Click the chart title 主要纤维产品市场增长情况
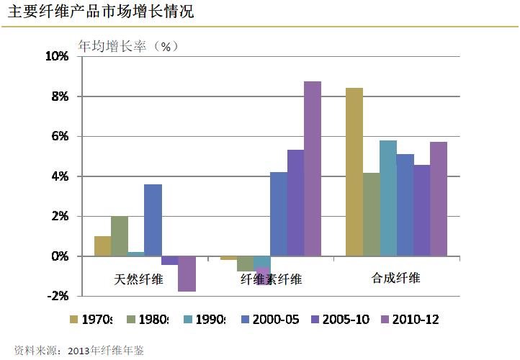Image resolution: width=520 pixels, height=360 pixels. (x=101, y=12)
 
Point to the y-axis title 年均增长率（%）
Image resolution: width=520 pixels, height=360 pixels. (x=127, y=47)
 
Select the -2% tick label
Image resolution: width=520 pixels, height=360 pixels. (x=58, y=296)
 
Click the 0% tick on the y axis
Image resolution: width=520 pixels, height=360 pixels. (x=59, y=256)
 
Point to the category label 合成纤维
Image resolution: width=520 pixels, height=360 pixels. (x=395, y=278)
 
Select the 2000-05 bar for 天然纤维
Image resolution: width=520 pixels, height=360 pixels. (x=153, y=220)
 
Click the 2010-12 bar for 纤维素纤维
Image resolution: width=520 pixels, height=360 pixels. (x=313, y=168)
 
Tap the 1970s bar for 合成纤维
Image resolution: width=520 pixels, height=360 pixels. (x=354, y=172)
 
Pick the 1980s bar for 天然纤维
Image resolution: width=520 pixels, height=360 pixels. (x=120, y=236)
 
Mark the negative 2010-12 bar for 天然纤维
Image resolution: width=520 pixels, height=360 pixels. (x=187, y=274)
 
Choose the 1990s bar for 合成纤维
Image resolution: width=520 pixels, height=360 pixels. (x=388, y=198)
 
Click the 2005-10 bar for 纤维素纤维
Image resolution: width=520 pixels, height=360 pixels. (x=295, y=203)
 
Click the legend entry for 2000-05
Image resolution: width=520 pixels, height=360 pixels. (x=271, y=320)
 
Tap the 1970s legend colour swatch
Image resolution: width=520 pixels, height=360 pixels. (x=74, y=320)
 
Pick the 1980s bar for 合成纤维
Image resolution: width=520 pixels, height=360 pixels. (x=372, y=215)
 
